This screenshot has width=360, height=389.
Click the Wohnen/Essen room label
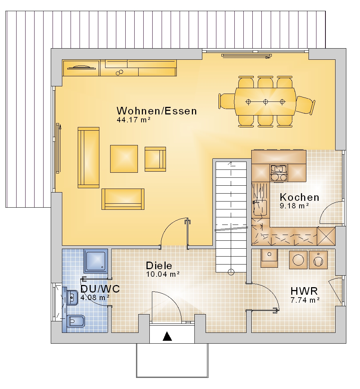(157, 111)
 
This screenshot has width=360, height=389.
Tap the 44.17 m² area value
(134, 120)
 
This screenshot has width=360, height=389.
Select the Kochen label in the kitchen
(300, 198)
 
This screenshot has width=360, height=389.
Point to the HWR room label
(304, 291)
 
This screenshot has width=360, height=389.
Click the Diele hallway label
(159, 266)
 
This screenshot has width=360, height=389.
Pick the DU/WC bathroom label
(100, 289)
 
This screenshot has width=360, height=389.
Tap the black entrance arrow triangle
(167, 336)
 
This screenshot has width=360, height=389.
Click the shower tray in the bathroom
(96, 261)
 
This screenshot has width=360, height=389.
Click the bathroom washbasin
(72, 297)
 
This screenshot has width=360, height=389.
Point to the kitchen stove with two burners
(279, 177)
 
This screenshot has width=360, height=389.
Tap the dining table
(265, 102)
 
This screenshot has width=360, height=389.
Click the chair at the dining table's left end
(226, 101)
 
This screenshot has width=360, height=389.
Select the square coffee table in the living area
(124, 159)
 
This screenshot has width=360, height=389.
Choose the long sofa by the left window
(89, 158)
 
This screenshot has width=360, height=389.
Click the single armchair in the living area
(155, 159)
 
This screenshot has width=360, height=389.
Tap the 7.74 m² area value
(305, 300)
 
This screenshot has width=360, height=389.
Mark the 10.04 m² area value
(163, 274)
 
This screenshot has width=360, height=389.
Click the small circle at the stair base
(231, 272)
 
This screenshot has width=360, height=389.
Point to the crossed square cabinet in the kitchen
(326, 236)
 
